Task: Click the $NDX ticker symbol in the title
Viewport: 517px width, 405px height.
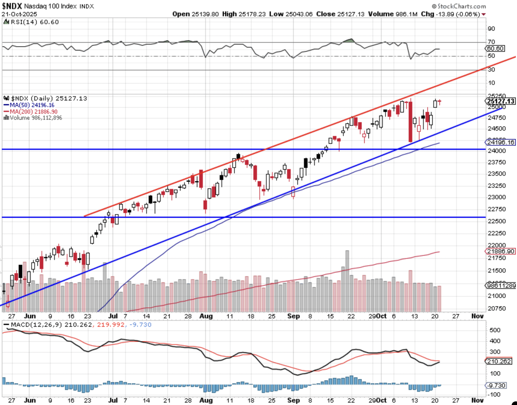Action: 12,6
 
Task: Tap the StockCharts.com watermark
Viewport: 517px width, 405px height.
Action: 459,6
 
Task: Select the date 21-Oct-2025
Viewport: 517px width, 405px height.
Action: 19,14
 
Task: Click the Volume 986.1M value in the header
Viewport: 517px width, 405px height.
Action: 392,14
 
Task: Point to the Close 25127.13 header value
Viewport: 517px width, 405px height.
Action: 340,14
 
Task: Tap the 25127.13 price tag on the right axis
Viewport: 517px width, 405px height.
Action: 501,101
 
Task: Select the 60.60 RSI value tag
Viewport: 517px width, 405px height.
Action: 495,48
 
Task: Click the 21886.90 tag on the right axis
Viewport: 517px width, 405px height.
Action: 501,251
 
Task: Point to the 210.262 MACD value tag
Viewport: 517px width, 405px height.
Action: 499,361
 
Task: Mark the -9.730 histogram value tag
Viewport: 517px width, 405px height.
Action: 497,385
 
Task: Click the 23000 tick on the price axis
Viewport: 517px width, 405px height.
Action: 497,197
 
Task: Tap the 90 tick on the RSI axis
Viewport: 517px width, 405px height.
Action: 491,29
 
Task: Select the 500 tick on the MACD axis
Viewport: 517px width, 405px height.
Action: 495,330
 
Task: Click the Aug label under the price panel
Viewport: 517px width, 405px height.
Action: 206,316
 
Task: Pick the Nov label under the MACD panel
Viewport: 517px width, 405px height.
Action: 477,400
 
